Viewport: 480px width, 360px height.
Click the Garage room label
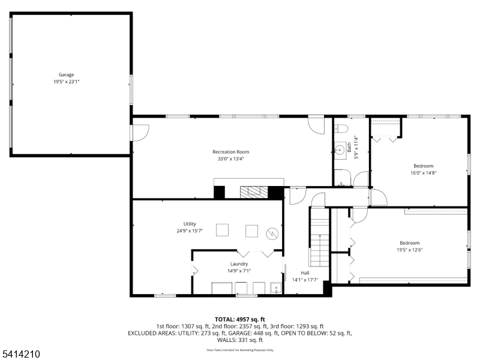click(66, 75)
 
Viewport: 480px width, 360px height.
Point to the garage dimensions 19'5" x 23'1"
click(66, 81)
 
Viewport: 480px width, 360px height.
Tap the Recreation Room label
click(230, 152)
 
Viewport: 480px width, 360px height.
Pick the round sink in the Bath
click(340, 148)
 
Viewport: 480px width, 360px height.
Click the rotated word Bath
click(349, 146)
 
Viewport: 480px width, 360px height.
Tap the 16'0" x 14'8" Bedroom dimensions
click(424, 173)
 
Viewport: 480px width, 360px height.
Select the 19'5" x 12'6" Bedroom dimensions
click(409, 250)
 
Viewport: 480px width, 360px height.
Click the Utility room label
click(190, 224)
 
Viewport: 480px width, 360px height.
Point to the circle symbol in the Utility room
click(272, 232)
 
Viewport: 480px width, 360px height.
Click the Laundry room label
click(239, 264)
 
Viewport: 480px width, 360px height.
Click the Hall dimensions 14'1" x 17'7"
click(305, 280)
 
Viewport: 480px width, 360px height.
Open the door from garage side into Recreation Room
click(140, 132)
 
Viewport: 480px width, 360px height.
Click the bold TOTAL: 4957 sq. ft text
click(240, 319)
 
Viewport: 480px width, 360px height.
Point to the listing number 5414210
click(20, 355)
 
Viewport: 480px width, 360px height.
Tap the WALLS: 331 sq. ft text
click(240, 340)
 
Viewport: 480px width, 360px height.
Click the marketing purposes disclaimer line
click(240, 350)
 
